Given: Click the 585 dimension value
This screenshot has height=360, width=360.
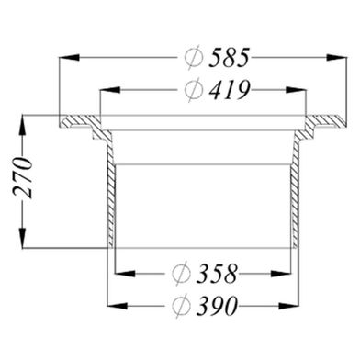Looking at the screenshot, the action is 230,57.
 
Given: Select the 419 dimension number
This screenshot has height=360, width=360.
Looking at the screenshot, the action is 230,90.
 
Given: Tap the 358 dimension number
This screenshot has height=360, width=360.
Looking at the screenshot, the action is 217,274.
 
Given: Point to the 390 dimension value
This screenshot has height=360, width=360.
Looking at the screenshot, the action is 217,306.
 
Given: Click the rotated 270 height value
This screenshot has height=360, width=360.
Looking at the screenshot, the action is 22,177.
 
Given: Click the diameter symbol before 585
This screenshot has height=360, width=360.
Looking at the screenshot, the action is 194,57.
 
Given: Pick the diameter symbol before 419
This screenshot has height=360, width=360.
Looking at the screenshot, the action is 194,90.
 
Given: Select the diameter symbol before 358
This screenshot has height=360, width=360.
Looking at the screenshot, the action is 181,274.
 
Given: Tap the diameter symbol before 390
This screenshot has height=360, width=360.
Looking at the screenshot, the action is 181,306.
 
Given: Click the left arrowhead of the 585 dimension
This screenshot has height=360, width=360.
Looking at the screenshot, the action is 69,57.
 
